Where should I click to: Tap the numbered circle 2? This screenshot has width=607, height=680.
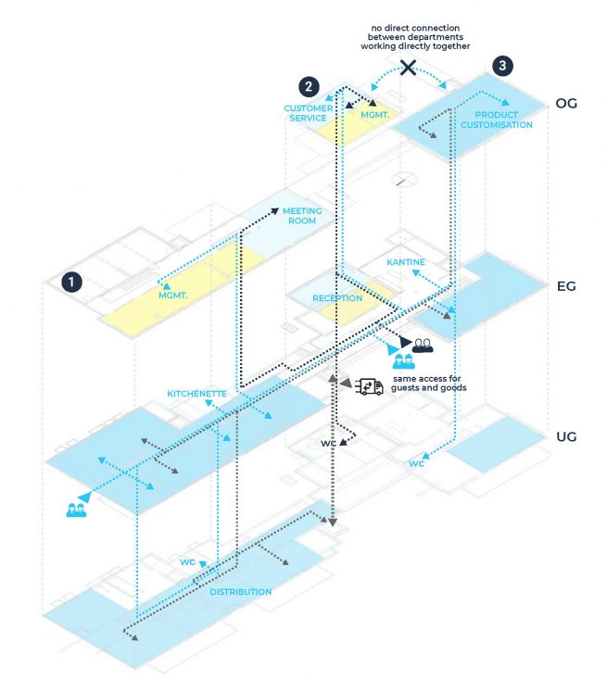310,86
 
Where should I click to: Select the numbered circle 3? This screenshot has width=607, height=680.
501,66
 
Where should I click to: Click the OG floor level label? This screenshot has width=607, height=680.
565,103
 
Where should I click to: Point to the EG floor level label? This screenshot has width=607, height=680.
565,286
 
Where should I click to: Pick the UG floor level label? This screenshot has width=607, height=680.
565,435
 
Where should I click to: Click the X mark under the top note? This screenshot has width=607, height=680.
407,67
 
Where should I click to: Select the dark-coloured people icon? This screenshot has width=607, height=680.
423,345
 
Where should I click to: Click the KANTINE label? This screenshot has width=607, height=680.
406,263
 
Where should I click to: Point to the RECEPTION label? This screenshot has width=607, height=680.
336,298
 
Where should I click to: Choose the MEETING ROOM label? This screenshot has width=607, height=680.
301,216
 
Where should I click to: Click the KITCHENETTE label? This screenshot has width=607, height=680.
196,394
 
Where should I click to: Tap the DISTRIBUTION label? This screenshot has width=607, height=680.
240,591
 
